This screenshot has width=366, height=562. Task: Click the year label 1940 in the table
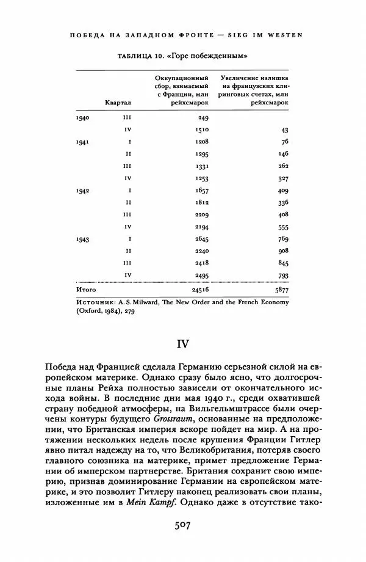[82, 117]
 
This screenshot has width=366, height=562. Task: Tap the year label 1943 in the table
[82, 239]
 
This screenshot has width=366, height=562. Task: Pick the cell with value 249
[203, 117]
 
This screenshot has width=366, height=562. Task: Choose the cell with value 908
[282, 251]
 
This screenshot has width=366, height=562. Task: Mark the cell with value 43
[284, 130]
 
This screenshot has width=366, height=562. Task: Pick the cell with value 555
[282, 227]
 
